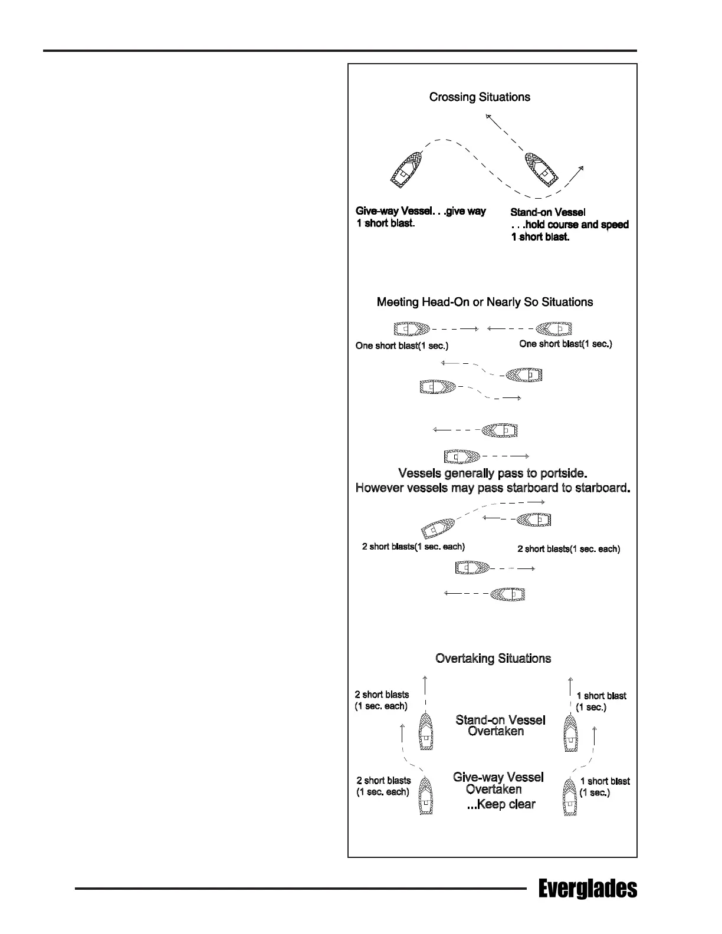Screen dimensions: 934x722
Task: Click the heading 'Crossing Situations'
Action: (480, 97)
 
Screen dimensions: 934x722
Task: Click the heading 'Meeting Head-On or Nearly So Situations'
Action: (485, 302)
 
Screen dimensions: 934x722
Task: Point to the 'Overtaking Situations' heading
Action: (493, 659)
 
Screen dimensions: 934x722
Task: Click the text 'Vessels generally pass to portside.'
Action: (493, 473)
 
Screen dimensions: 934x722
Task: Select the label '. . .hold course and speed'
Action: (569, 225)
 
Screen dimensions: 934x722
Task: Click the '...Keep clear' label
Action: (501, 804)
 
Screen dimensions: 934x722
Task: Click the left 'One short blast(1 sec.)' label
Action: (402, 346)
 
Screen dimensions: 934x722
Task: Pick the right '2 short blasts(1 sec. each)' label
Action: (569, 549)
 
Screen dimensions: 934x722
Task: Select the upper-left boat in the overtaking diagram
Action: (426, 731)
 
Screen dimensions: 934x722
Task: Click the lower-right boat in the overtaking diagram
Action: (570, 797)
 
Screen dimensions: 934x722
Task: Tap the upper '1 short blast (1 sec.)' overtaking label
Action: (600, 702)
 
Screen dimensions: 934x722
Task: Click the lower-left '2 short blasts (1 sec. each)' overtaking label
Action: (383, 786)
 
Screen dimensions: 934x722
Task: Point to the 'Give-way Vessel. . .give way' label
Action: (421, 211)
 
